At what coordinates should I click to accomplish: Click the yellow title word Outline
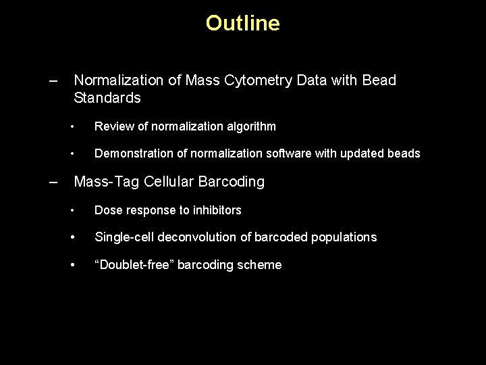(x=242, y=24)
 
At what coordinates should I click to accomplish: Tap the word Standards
(x=107, y=98)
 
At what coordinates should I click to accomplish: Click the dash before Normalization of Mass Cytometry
(x=53, y=80)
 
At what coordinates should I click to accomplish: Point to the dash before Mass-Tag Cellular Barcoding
(x=53, y=182)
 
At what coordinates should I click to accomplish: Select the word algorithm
(x=250, y=126)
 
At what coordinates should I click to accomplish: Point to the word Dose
(x=108, y=210)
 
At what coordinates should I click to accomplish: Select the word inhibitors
(x=215, y=210)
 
